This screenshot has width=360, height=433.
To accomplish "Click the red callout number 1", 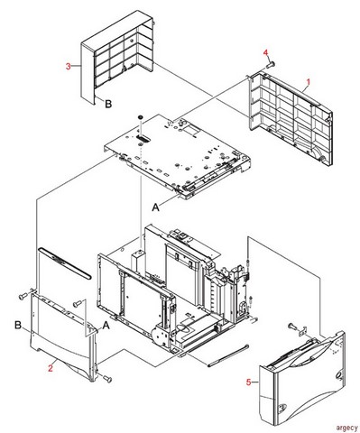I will pyautogui.click(x=309, y=81).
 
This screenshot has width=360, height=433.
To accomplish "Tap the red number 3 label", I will pyautogui.click(x=69, y=65).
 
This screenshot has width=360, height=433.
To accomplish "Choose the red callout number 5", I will pyautogui.click(x=250, y=382).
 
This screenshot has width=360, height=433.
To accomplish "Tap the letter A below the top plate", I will pyautogui.click(x=155, y=206).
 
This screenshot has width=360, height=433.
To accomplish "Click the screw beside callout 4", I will pyautogui.click(x=272, y=66).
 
